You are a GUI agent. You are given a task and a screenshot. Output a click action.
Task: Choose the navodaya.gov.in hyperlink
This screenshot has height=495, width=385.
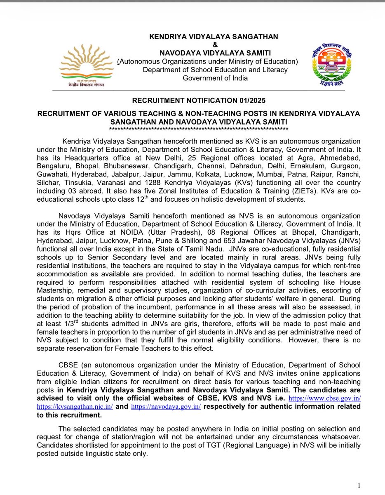[166, 407]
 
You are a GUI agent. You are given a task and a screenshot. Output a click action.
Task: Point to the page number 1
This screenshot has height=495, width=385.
[359, 485]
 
